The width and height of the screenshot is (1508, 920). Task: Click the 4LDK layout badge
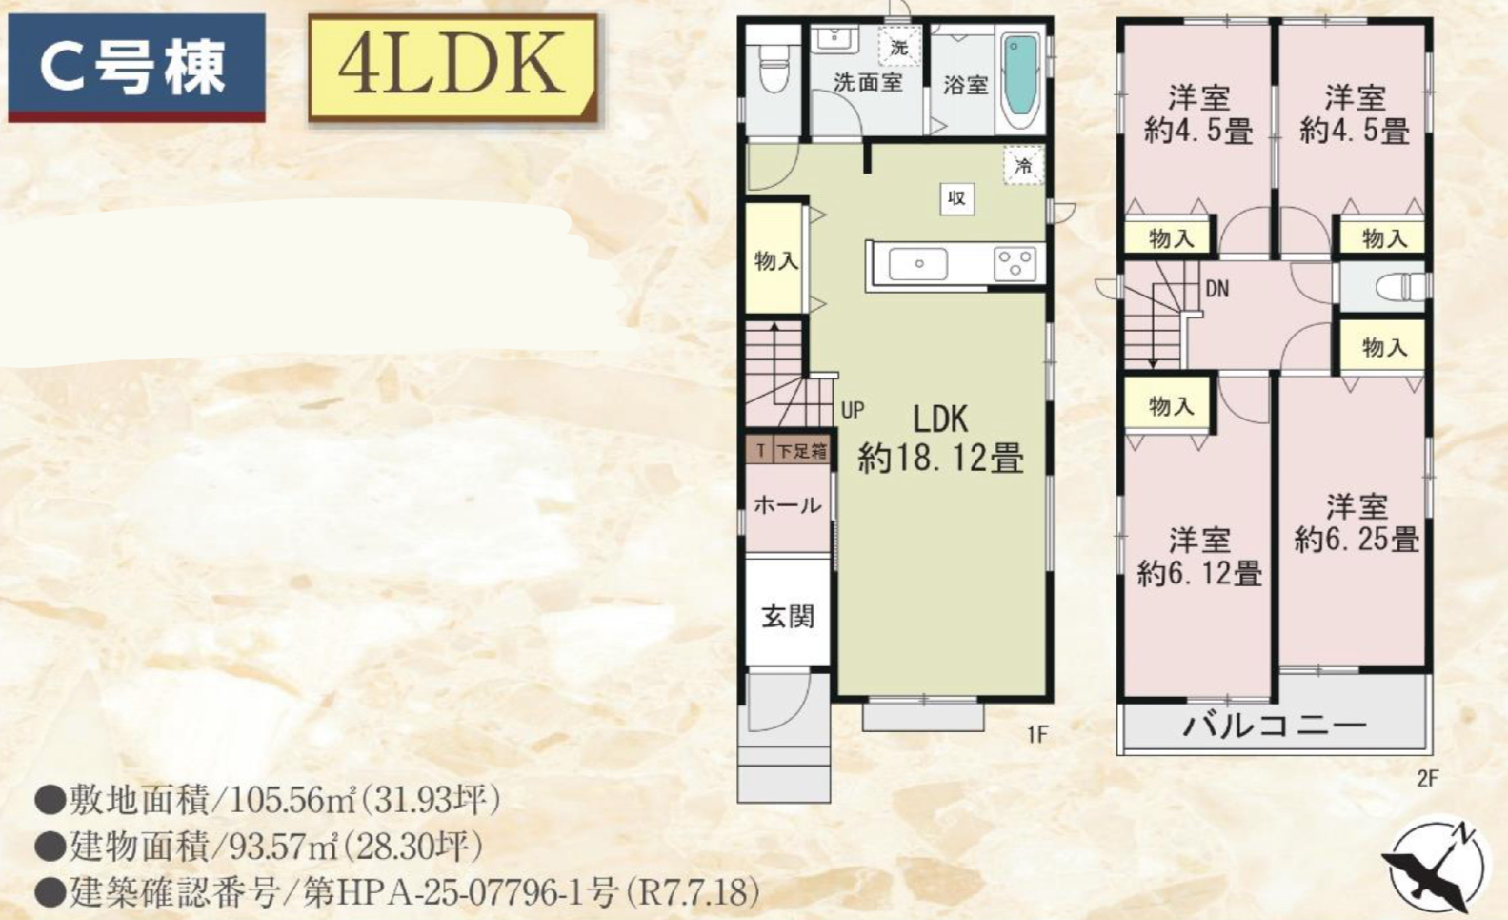(x=453, y=68)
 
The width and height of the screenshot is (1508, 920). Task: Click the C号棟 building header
(x=136, y=68)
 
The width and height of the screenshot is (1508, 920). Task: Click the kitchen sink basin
(x=918, y=264)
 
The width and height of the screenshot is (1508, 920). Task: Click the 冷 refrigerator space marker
(x=1023, y=165)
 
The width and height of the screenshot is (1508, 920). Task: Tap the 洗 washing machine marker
(x=899, y=47)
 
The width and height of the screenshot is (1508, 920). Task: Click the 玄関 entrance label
(x=788, y=616)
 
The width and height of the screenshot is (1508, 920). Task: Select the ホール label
(x=788, y=504)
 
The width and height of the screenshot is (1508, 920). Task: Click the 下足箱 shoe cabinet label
(x=802, y=451)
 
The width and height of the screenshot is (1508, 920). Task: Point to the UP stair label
(x=853, y=410)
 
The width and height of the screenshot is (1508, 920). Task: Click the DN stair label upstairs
(x=1216, y=289)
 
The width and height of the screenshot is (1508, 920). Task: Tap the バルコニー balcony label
(x=1275, y=726)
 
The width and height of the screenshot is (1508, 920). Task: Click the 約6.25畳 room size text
(x=1357, y=541)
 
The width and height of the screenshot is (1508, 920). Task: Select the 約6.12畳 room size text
(x=1199, y=574)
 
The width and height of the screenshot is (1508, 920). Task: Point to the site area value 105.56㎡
(x=292, y=800)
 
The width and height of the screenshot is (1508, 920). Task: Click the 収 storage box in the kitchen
(x=956, y=198)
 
